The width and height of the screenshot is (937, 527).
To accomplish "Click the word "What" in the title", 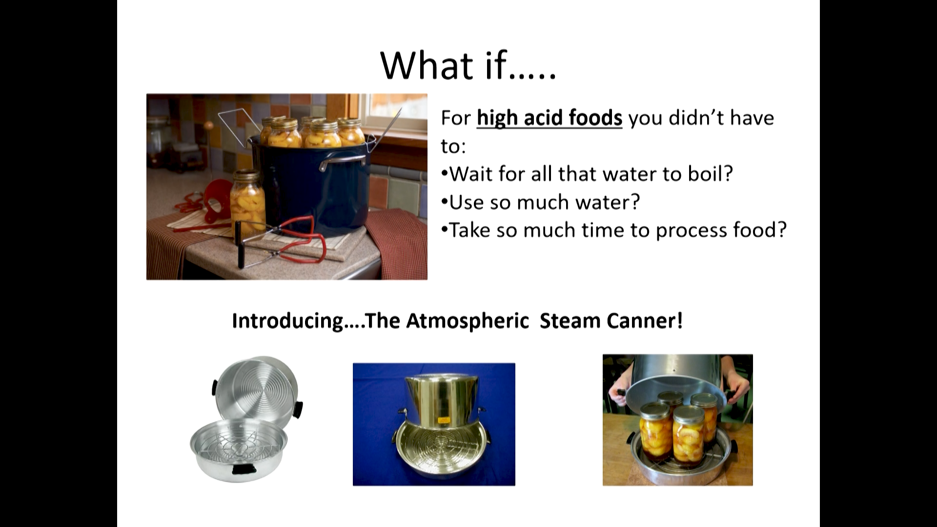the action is (427, 65).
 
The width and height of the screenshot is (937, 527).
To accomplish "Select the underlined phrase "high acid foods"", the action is (550, 118).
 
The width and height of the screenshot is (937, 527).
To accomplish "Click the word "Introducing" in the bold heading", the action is (288, 321).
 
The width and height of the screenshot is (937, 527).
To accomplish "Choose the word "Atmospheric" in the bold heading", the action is (468, 321).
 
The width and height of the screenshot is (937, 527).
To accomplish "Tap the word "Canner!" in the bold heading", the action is (645, 321).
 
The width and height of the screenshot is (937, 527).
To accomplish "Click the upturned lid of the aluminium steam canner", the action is (257, 388).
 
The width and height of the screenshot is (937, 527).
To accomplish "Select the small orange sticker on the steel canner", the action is (443, 420).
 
